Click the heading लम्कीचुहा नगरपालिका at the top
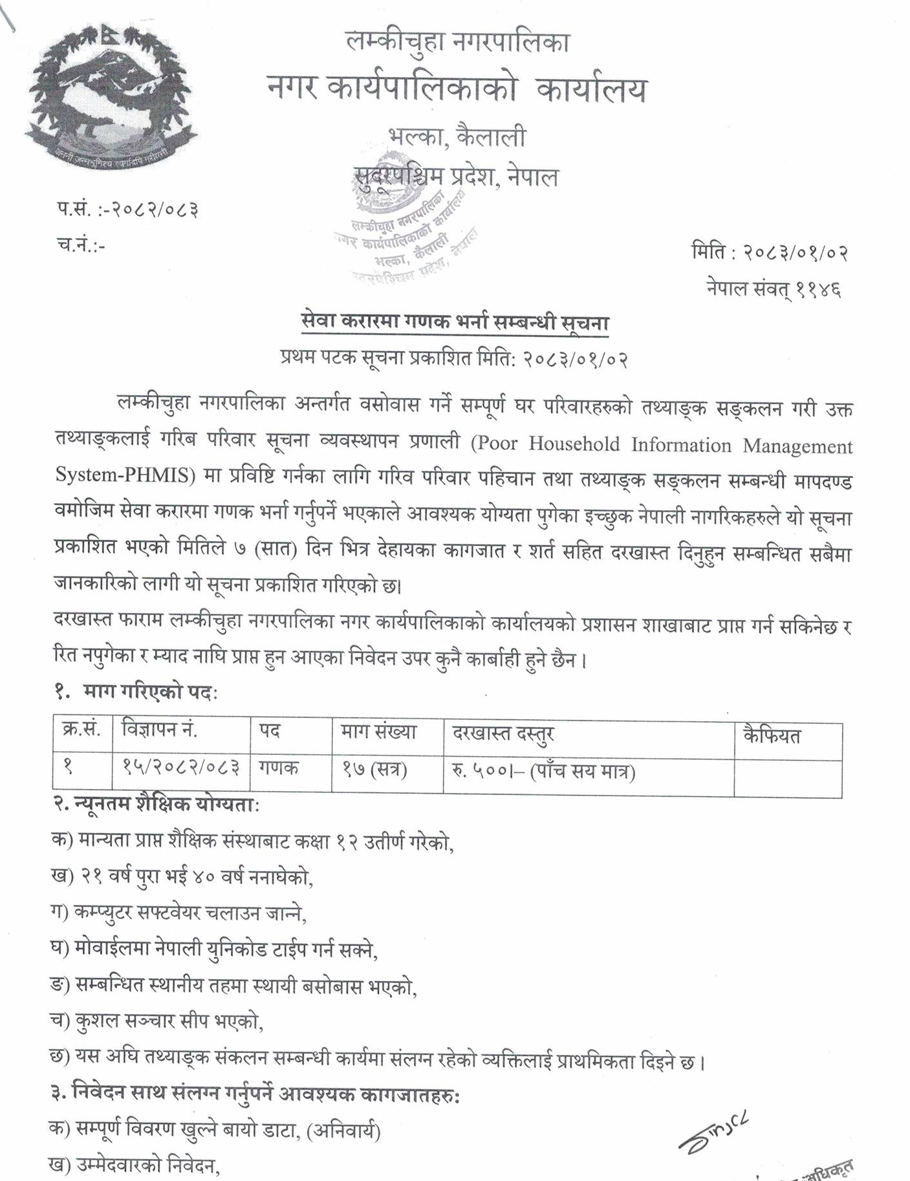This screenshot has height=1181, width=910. [x=457, y=43]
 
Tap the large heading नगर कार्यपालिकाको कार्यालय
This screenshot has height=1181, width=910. [x=457, y=89]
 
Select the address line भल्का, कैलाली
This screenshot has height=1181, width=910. [x=457, y=137]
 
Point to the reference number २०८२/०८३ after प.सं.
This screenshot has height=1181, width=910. [x=155, y=210]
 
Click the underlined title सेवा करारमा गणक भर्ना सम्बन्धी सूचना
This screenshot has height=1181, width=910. [x=455, y=322]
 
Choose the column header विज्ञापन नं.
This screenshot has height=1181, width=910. [x=159, y=731]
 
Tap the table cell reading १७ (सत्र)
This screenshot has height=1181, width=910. [x=374, y=770]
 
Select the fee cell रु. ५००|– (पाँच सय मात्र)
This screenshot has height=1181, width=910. [x=543, y=772]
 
